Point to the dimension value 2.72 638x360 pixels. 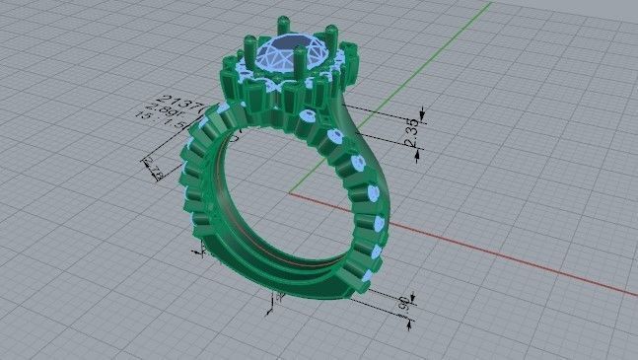click(156, 172)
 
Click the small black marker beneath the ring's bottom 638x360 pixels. click(270, 310)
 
